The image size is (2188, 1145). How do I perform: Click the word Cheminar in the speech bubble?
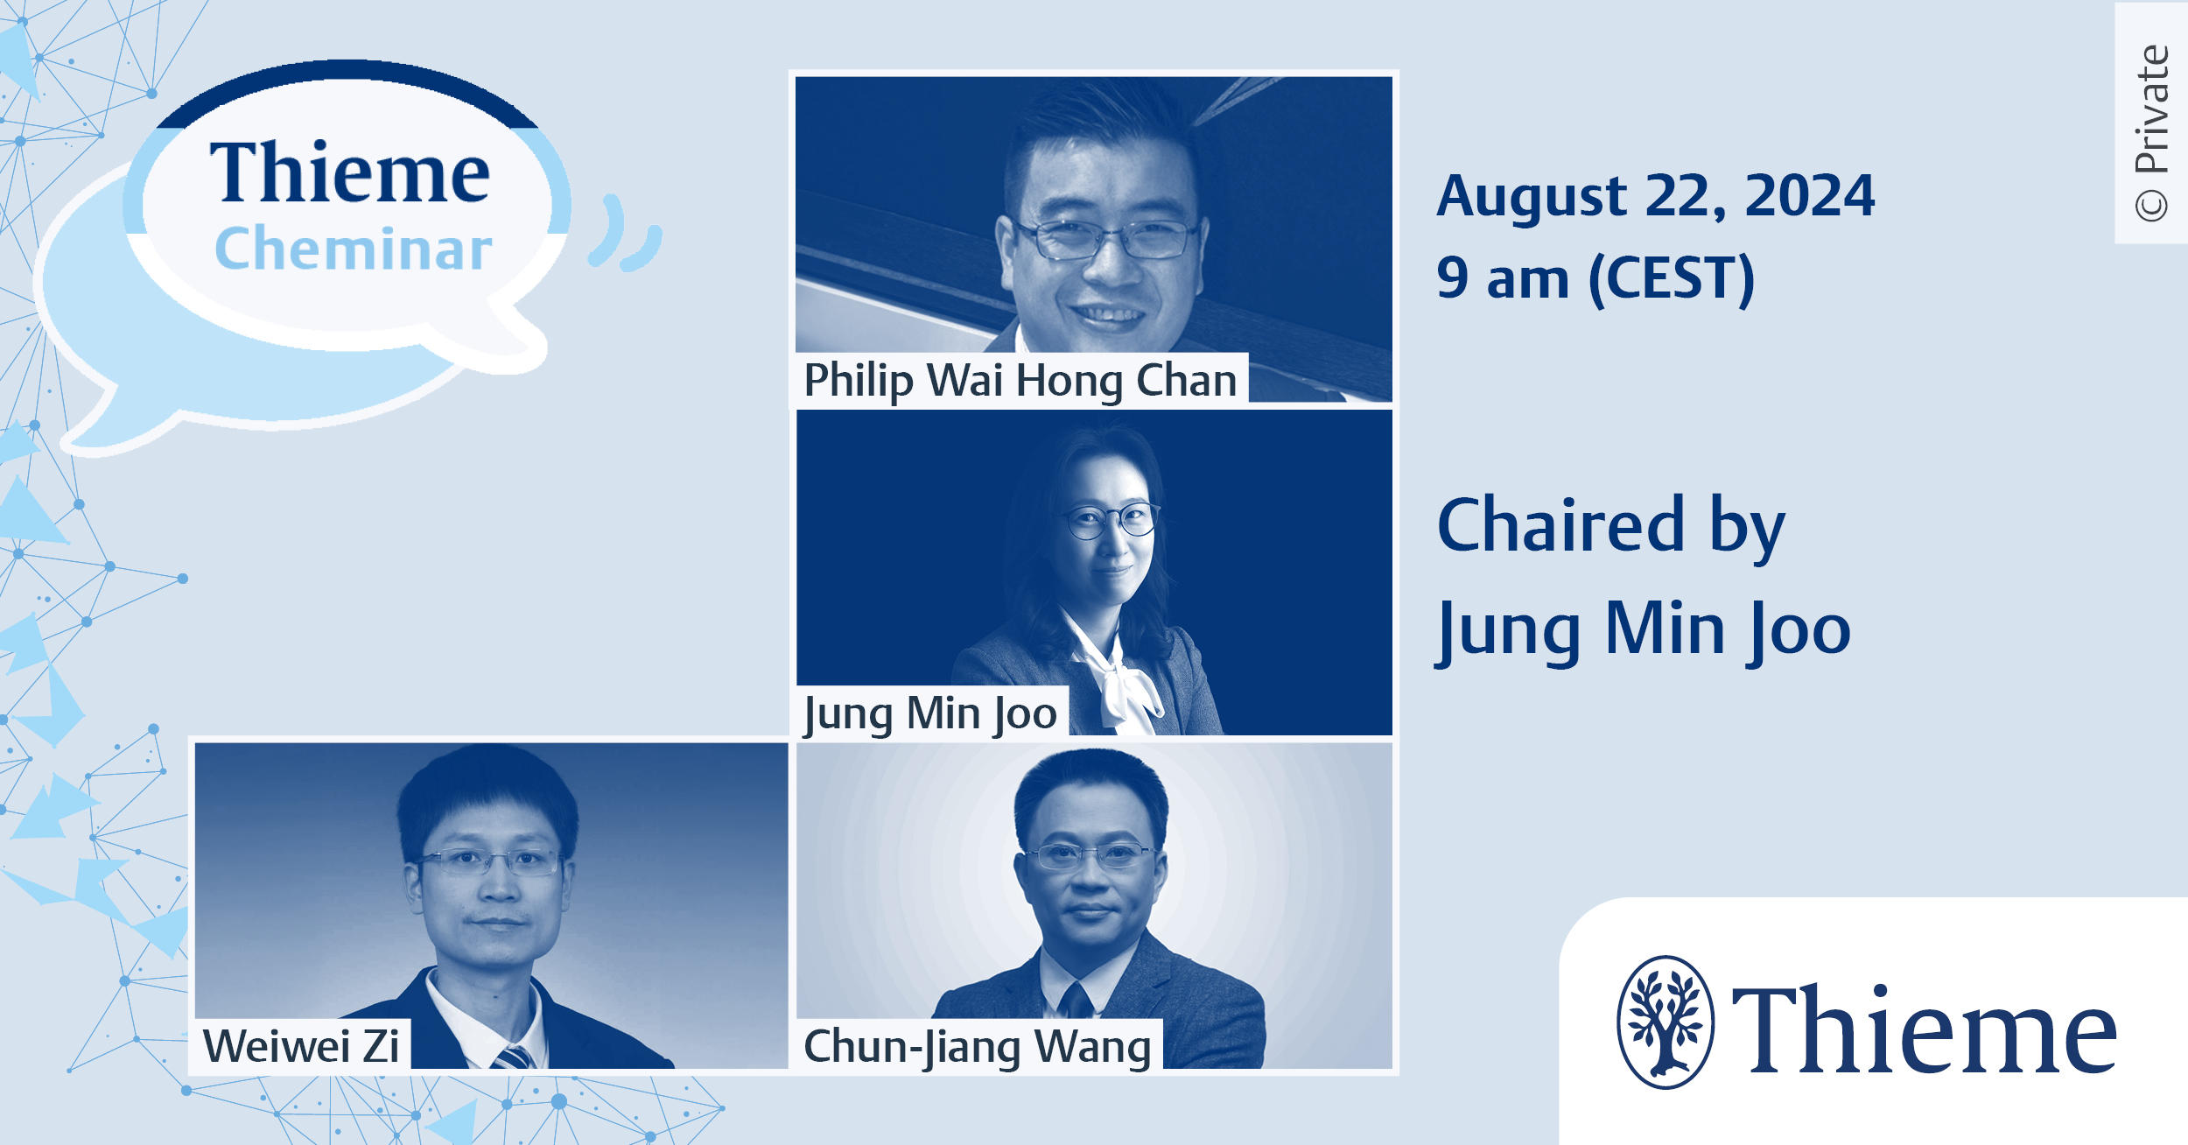pos(354,249)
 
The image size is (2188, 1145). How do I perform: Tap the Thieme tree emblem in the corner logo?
pos(1666,1022)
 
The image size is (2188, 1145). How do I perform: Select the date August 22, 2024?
pos(1656,196)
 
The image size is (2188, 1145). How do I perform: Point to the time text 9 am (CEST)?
pos(1595,279)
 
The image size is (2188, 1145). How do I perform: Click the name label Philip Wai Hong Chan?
pos(1020,381)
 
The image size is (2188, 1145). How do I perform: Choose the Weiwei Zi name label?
pos(301,1045)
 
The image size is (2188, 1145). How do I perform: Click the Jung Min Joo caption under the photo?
pos(930,714)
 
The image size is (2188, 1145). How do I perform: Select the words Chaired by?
pos(1611,527)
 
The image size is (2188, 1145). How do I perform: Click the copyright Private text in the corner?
pos(2151,132)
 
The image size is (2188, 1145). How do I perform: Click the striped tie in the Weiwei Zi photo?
pos(515,1057)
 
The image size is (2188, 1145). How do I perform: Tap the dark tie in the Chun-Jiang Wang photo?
pos(1075,999)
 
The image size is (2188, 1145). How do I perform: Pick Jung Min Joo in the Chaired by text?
pos(1644,630)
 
